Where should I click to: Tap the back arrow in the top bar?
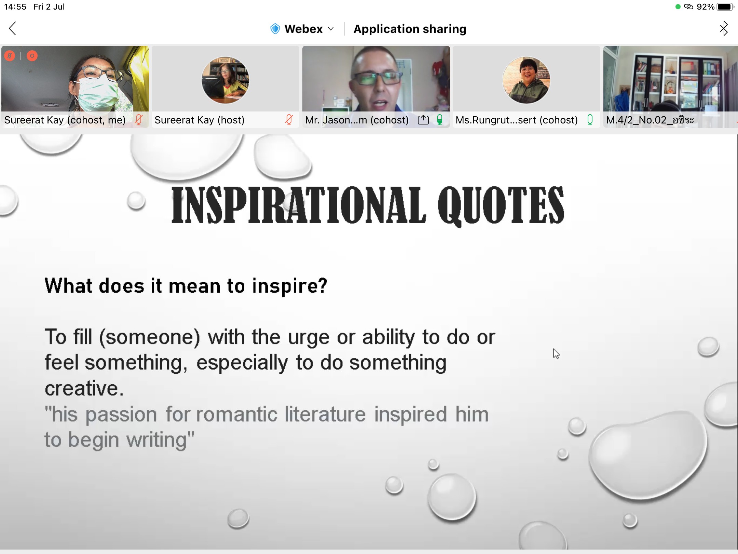pos(13,29)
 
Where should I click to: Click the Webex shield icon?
pos(275,29)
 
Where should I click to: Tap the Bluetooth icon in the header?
pos(724,28)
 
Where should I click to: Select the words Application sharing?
pos(410,29)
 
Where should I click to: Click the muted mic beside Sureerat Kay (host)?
pos(289,120)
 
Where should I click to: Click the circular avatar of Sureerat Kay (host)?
pos(225,80)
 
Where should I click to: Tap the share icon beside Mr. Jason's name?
pos(423,120)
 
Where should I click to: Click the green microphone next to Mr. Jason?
pos(440,120)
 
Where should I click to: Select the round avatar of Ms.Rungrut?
pos(526,80)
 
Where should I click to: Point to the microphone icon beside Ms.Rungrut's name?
pos(590,120)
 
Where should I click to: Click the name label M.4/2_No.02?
pos(636,120)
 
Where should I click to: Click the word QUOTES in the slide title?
pos(501,205)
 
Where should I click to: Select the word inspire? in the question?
pos(290,286)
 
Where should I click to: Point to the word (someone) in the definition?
pos(149,338)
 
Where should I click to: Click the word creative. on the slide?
pos(84,388)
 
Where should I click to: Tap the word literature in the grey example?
pos(325,414)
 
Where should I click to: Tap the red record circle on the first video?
pos(32,56)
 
